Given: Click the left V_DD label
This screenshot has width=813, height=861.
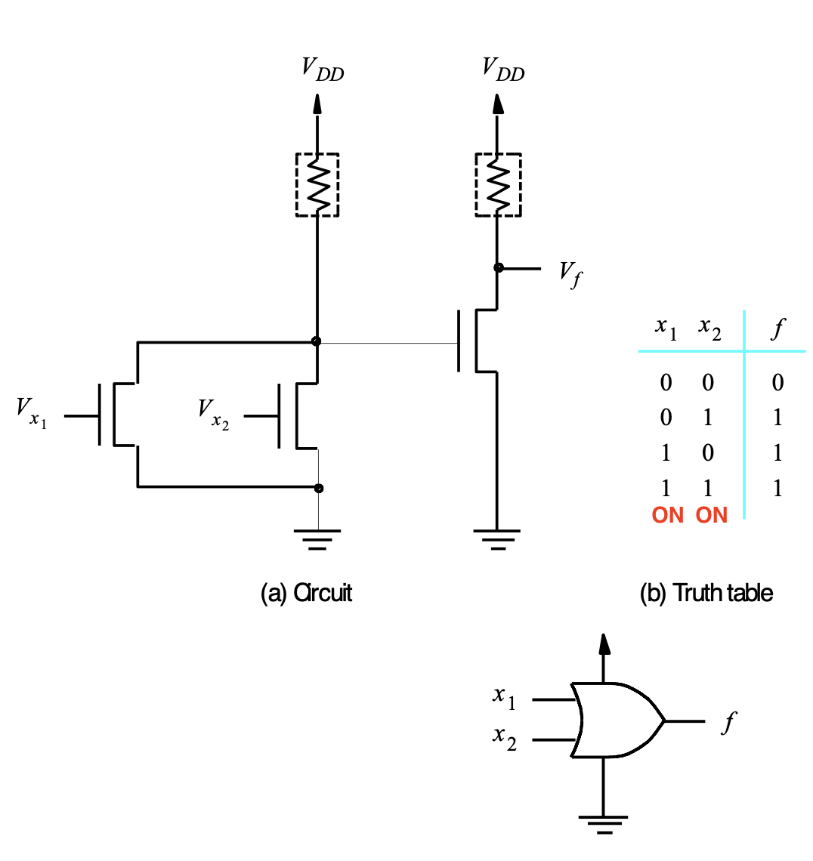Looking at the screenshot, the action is point(323,69).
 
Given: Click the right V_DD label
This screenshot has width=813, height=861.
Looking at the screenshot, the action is point(503,69).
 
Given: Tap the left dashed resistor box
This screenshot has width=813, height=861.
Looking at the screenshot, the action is point(297,184).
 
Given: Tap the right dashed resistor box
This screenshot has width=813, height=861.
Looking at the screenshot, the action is point(476,184).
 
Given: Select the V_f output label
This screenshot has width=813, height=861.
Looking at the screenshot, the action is point(570,274).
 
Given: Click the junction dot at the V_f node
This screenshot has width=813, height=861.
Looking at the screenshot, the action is point(498,268).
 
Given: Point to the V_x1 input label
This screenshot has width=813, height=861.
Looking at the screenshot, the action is point(32,413).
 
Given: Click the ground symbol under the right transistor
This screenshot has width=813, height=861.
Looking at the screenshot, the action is point(497,539).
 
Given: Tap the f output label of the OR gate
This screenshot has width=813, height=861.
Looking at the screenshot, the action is point(729,722).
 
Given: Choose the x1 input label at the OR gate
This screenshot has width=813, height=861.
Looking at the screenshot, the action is point(504,697).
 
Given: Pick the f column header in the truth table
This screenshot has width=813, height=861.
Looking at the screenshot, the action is point(777,329).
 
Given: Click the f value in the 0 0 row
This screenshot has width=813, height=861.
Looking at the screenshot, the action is point(777,382).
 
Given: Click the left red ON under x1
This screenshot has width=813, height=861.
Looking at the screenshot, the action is point(667,515).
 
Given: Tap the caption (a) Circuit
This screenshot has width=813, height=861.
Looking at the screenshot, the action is point(306,593).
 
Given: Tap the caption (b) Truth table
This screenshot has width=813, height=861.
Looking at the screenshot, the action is point(706,593).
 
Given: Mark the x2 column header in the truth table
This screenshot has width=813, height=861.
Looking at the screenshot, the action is point(709,329).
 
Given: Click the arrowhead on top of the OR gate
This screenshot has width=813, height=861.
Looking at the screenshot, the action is point(604,643).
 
